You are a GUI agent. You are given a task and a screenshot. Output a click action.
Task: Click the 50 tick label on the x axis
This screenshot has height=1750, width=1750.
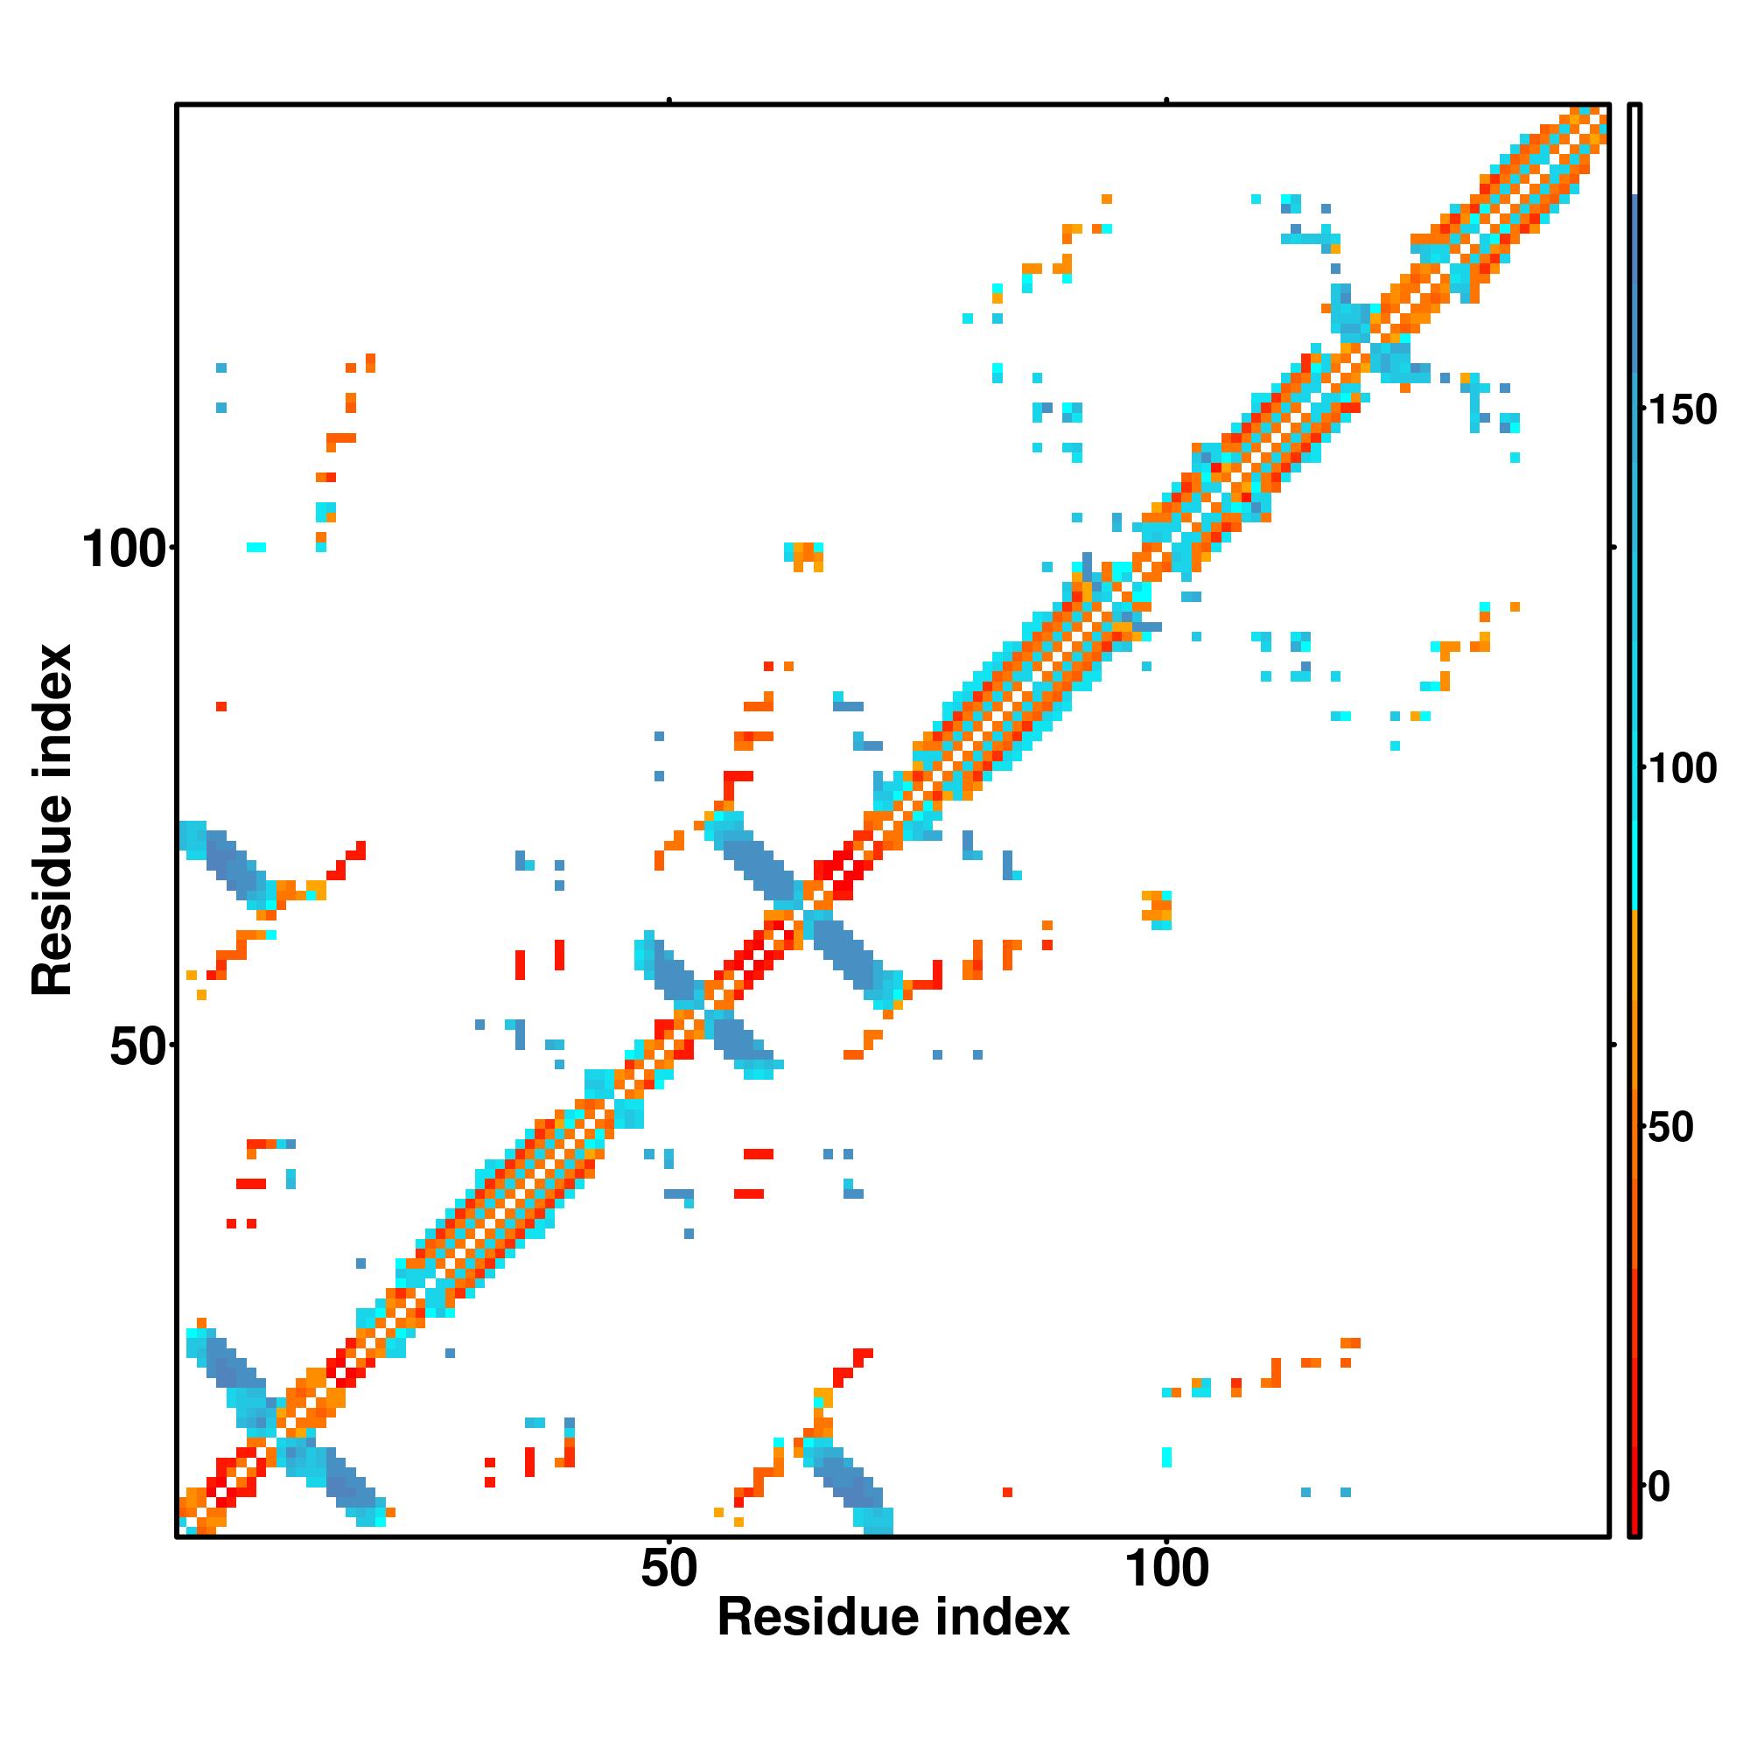[x=668, y=1569]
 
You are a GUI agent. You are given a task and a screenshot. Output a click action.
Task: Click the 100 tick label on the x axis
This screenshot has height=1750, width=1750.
[x=1166, y=1569]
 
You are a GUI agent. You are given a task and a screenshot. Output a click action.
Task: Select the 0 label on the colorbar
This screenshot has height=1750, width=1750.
[x=1659, y=1487]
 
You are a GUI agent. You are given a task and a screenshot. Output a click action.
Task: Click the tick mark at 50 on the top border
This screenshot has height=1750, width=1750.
[x=669, y=101]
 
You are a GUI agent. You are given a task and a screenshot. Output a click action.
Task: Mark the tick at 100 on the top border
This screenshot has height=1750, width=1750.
[x=1166, y=101]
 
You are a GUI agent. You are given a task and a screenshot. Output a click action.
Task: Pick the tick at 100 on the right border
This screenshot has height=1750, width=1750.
[x=1613, y=547]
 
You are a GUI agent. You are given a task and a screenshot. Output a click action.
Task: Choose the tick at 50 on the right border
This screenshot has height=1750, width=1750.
[x=1613, y=1045]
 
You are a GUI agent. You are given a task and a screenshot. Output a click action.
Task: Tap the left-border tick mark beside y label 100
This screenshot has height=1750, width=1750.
[x=172, y=547]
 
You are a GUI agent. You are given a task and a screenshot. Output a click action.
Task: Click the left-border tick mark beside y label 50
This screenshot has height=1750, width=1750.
[x=172, y=1045]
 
